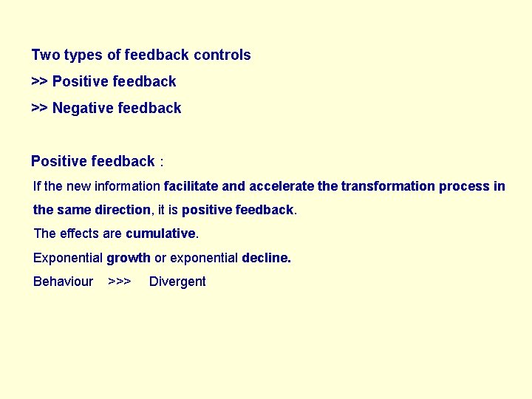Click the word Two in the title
pyautogui.click(x=46, y=55)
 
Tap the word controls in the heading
pyautogui.click(x=222, y=55)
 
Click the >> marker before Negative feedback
pyautogui.click(x=39, y=108)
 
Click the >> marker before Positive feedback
pyautogui.click(x=39, y=81)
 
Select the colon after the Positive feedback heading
pyautogui.click(x=161, y=162)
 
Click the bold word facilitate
pyautogui.click(x=191, y=186)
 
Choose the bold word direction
pyautogui.click(x=122, y=210)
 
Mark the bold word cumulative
pyautogui.click(x=160, y=233)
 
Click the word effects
pyautogui.click(x=78, y=233)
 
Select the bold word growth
pyautogui.click(x=129, y=258)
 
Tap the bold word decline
pyautogui.click(x=266, y=258)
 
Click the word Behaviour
pyautogui.click(x=64, y=282)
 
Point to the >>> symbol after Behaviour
pyautogui.click(x=119, y=282)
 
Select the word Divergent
pyautogui.click(x=177, y=282)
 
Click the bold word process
pyautogui.click(x=464, y=186)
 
